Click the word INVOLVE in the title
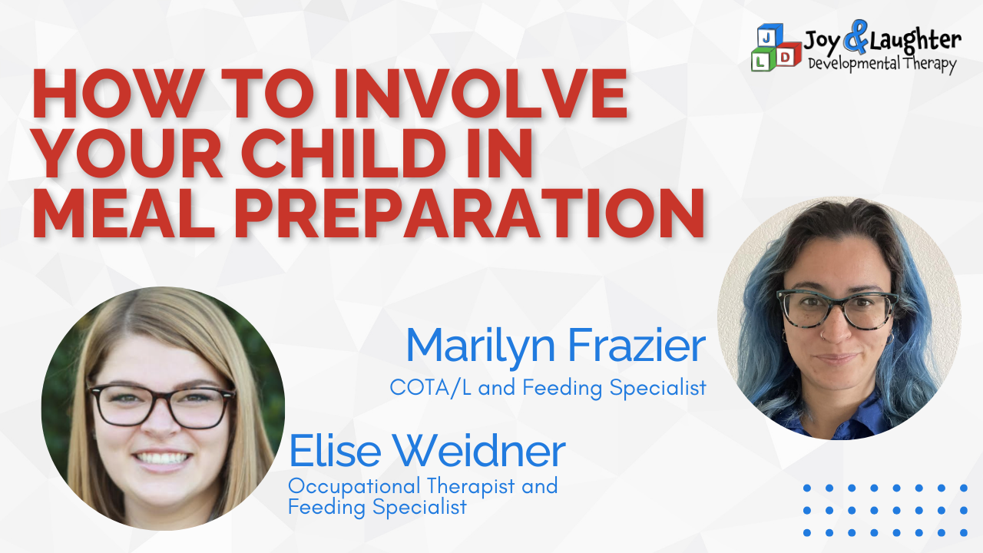(480, 94)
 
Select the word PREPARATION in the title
(469, 214)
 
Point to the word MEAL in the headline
(124, 214)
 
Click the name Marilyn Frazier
(555, 346)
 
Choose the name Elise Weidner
(427, 451)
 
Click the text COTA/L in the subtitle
(431, 387)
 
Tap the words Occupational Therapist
(402, 487)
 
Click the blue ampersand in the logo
(856, 38)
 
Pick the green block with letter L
(763, 60)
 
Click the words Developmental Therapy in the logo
(882, 64)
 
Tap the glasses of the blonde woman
(161, 405)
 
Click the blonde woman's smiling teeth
(161, 459)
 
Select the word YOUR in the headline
(127, 153)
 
